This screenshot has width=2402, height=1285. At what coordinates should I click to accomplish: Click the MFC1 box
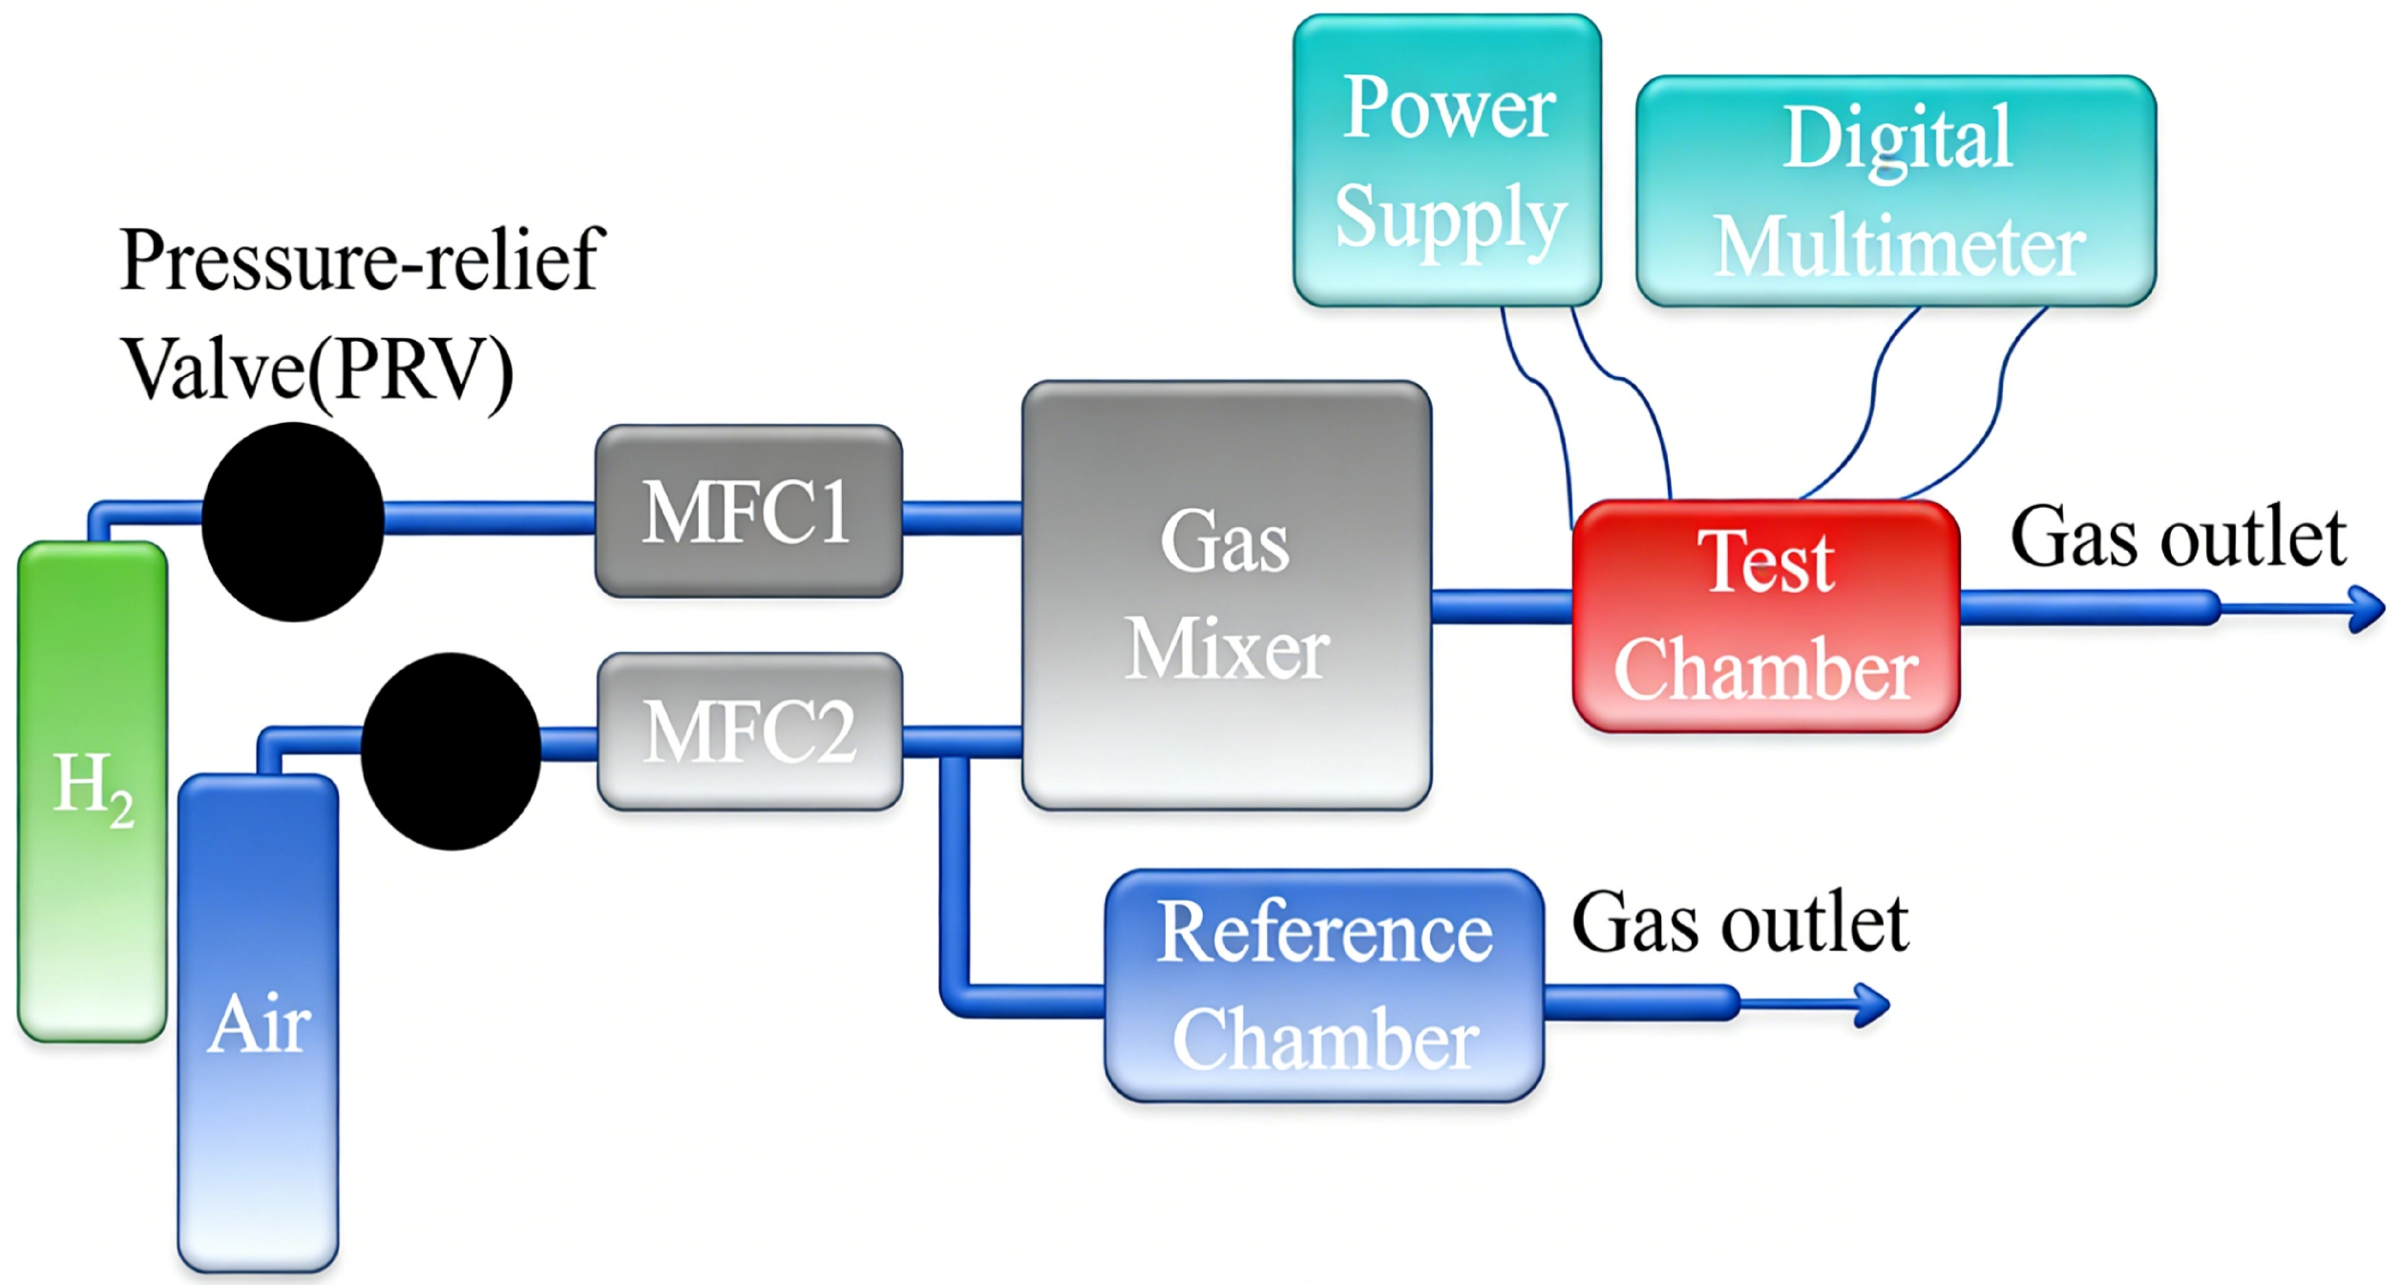[748, 512]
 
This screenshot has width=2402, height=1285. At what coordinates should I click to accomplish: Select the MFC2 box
[749, 731]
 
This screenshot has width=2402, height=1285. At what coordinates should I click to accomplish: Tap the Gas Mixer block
[1226, 596]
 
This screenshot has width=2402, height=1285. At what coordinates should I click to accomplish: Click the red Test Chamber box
[1766, 616]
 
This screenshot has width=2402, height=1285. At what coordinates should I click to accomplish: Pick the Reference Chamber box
[1324, 985]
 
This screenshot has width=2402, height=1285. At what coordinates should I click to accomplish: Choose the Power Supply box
[1447, 160]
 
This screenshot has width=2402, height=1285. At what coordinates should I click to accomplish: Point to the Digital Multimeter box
[1896, 191]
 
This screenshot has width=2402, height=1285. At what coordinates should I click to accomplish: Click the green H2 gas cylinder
[93, 790]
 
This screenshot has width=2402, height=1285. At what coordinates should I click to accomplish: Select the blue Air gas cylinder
[258, 1022]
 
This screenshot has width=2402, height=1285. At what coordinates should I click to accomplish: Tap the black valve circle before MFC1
[293, 521]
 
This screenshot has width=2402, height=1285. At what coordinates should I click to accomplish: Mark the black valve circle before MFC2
[451, 751]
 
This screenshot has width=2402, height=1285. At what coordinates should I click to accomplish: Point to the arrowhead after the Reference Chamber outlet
[1871, 1003]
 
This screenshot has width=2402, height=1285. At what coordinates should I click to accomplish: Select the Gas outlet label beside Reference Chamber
[1739, 924]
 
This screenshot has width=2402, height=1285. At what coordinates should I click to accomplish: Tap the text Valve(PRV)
[317, 370]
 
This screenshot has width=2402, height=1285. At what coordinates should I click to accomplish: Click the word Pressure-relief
[363, 260]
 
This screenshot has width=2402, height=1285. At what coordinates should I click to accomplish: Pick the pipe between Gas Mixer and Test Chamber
[1502, 606]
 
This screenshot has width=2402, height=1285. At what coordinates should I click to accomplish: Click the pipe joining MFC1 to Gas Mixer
[962, 516]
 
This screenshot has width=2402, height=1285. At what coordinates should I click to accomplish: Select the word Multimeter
[1900, 246]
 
